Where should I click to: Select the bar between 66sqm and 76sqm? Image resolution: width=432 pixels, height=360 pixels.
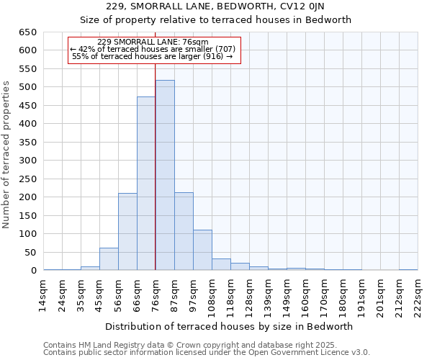click(146, 184)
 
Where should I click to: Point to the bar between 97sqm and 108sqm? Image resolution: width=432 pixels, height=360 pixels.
click(202, 250)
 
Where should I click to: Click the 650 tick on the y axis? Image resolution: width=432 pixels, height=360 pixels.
click(27, 32)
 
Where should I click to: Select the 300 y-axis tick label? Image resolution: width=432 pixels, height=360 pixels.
click(27, 161)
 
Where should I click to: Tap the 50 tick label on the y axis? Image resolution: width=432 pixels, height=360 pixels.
click(30, 253)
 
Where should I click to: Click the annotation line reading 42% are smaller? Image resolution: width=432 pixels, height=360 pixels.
click(153, 49)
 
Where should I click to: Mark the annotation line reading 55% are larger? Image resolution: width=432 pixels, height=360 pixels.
click(153, 56)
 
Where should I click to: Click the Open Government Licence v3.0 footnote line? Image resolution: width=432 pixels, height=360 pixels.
click(207, 352)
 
